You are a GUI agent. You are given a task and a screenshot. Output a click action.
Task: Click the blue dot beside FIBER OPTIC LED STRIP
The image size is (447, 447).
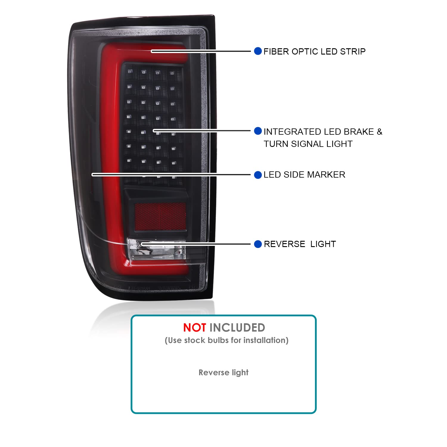(x=258, y=51)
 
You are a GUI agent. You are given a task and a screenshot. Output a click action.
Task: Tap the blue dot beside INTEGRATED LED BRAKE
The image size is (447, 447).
(x=258, y=131)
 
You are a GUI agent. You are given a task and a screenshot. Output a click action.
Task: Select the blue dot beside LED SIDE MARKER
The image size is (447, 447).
(x=258, y=175)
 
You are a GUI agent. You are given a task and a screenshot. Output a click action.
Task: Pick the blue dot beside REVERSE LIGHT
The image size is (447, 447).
(x=258, y=244)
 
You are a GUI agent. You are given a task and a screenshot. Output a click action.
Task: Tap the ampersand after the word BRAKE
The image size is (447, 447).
(x=379, y=132)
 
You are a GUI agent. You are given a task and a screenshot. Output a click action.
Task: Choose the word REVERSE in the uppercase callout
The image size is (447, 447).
(x=285, y=244)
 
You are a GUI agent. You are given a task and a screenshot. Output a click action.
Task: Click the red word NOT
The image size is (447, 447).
(x=194, y=328)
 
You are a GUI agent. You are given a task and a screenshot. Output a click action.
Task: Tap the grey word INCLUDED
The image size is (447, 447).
(x=237, y=328)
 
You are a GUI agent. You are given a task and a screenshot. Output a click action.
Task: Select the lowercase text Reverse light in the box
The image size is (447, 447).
(x=223, y=372)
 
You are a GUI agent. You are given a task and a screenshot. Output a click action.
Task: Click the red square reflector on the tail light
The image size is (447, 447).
(x=160, y=216)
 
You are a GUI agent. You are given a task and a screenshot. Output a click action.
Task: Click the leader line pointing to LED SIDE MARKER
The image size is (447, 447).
(x=171, y=175)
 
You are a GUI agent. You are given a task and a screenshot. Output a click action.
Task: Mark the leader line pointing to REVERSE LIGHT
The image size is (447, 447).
(x=196, y=244)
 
